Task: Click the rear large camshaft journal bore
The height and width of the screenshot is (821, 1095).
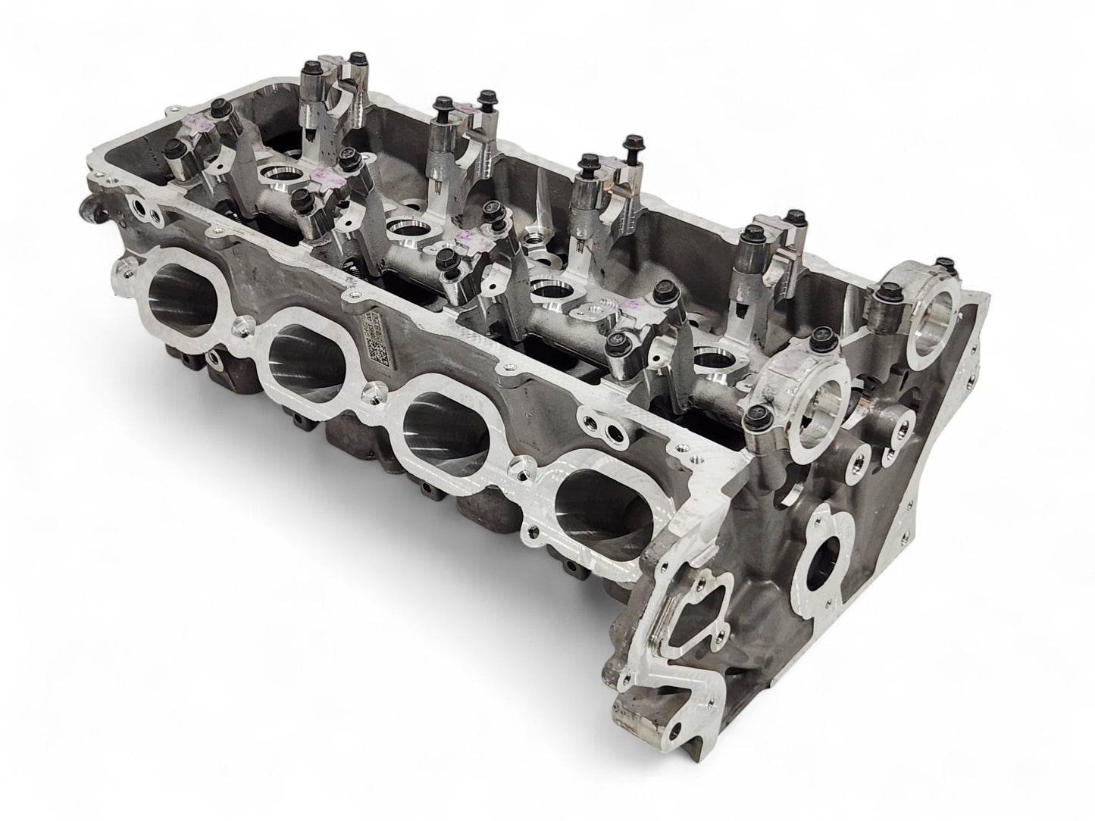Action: [934, 313]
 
